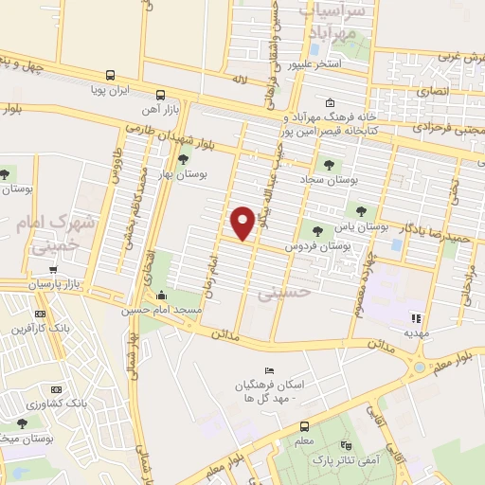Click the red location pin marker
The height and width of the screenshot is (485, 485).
(242, 222)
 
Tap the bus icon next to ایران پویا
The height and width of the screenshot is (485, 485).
(111, 76)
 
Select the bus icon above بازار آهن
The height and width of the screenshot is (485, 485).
(160, 95)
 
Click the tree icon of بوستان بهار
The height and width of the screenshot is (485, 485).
(183, 158)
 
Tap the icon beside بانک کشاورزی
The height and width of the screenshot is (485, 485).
(55, 389)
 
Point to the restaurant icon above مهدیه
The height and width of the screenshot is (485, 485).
(414, 318)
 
